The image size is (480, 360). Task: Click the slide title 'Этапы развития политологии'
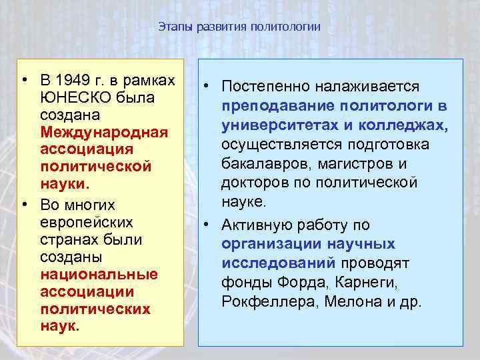[239, 27]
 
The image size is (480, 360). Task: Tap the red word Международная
[103, 131]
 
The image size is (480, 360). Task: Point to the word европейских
[86, 221]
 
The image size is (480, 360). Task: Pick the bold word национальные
[99, 274]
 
